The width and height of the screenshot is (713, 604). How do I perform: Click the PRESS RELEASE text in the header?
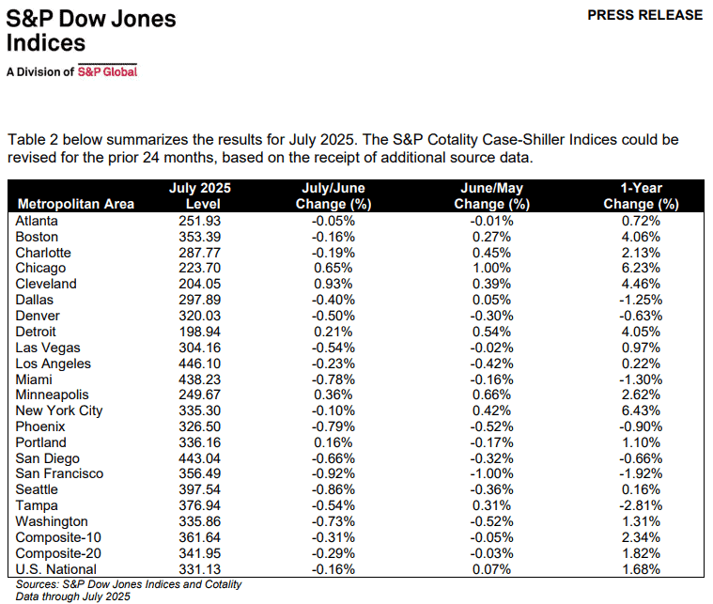(x=643, y=15)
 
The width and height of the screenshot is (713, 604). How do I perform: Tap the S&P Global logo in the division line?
(x=106, y=70)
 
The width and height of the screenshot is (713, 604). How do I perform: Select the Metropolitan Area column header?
(x=76, y=204)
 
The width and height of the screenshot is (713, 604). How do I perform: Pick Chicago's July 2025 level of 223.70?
(x=199, y=268)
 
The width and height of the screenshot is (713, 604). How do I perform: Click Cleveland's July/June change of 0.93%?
(x=334, y=284)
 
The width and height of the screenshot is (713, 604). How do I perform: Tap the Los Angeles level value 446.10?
(x=199, y=364)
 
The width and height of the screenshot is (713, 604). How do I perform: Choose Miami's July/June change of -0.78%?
(x=334, y=379)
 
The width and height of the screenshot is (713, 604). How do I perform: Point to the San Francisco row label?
(x=59, y=474)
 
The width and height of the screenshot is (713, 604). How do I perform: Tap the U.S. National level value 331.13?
(x=199, y=569)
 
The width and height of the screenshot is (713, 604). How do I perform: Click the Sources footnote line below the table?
(x=128, y=584)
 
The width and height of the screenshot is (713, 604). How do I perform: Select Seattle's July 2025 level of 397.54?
(x=199, y=489)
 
